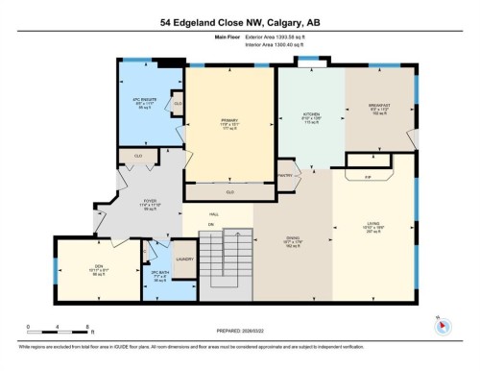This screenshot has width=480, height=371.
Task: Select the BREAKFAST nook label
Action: coord(381,107)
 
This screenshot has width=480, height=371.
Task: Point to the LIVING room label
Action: coord(373,226)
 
